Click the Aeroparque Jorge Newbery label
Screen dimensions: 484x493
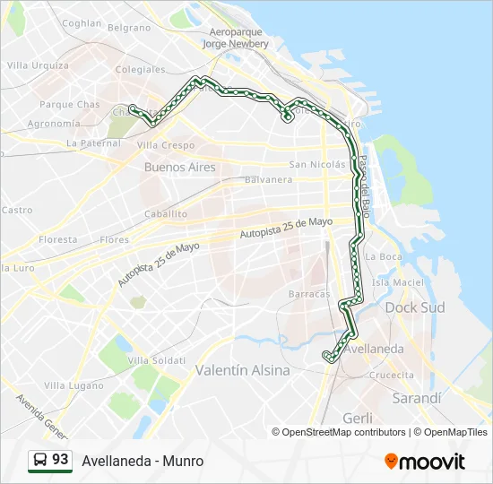coord(235,37)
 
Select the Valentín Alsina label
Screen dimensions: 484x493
coord(242,369)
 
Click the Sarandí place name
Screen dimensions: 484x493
coord(417,398)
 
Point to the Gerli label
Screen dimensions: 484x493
coord(358,418)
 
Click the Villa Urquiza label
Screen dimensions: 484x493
coord(38,65)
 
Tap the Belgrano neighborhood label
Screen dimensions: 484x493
coord(130,28)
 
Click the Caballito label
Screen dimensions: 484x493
coord(167,214)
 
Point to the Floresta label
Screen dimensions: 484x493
coord(58,240)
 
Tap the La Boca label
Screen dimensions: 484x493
coord(385,256)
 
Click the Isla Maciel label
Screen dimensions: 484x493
coord(397,282)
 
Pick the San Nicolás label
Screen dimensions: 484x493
coord(316,164)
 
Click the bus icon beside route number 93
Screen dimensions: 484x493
coord(39,461)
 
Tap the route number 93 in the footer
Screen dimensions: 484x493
coord(60,460)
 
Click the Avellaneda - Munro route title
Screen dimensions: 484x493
coord(143,462)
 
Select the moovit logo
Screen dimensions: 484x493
coord(425,462)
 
